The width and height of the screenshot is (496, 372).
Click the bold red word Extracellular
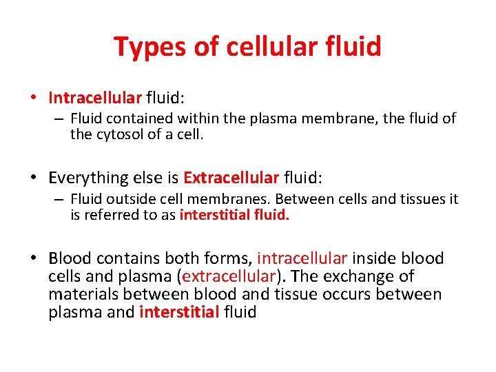231,178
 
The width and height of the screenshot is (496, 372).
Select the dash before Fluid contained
59,119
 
